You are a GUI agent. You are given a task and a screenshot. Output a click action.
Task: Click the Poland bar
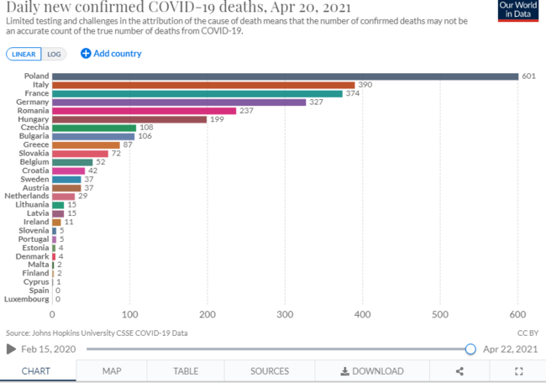click(286, 76)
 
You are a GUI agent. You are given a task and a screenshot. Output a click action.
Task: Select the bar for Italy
click(203, 85)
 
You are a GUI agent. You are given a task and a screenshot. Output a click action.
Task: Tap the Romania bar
click(144, 110)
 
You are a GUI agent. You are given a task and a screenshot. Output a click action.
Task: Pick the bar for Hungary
click(129, 119)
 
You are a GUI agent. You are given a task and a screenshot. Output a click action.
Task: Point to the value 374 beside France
click(354, 93)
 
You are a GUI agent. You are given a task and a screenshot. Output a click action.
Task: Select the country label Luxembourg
click(25, 299)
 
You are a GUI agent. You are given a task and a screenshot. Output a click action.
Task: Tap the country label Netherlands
click(26, 196)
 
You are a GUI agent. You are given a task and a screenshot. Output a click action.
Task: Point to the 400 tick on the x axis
click(363, 314)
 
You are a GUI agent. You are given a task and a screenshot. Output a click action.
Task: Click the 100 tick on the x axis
click(130, 314)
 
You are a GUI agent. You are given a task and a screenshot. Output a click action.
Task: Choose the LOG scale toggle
click(55, 54)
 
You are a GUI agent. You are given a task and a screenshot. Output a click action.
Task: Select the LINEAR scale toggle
click(24, 54)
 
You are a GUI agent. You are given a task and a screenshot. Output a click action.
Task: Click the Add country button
click(111, 54)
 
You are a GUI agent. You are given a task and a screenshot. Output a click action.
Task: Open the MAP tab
click(112, 370)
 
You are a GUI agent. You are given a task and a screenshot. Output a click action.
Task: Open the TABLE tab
click(185, 370)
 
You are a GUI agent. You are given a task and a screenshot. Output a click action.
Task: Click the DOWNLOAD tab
click(371, 370)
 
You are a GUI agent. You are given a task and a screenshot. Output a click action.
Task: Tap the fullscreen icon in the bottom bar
click(518, 370)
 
